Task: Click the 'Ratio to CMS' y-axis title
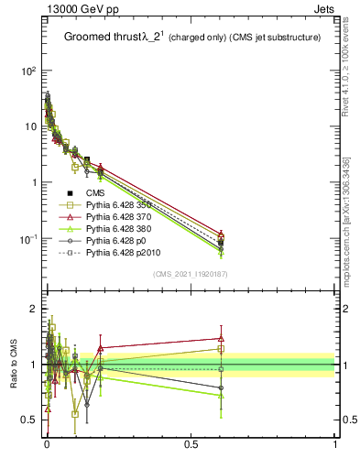(13, 366)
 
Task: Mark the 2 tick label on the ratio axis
(32, 309)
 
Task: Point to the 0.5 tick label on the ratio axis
(28, 420)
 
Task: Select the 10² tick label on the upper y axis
(27, 71)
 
